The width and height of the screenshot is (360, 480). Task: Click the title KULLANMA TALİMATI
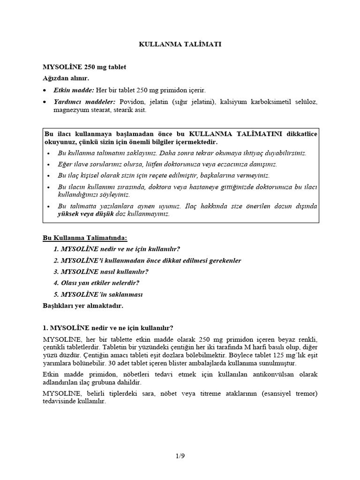(180, 44)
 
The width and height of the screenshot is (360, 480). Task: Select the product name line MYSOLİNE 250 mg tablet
(84, 67)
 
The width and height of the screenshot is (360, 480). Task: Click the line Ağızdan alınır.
(66, 78)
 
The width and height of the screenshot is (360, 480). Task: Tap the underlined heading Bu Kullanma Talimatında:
(85, 238)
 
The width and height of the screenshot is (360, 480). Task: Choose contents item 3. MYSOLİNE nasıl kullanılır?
(101, 271)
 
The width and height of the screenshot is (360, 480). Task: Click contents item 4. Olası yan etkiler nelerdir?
(97, 283)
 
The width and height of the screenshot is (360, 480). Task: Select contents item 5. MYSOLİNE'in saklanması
(98, 294)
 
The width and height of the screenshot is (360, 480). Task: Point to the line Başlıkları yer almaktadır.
(82, 305)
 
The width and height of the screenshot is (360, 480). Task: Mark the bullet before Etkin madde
(45, 90)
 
